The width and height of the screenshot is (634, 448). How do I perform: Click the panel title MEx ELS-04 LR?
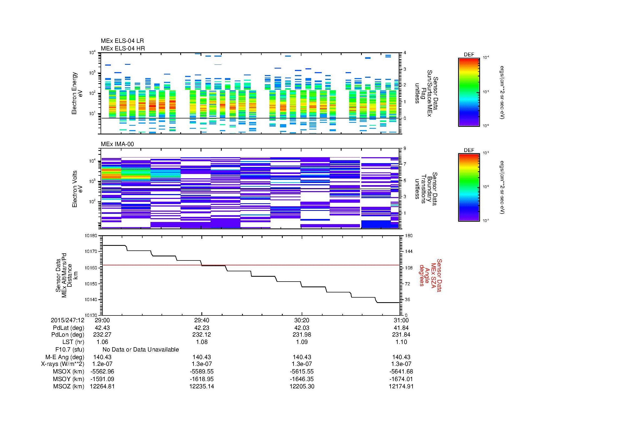pyautogui.click(x=122, y=41)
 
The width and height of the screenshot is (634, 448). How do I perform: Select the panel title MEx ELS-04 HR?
pyautogui.click(x=123, y=48)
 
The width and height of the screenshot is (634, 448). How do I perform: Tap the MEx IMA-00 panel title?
pyautogui.click(x=117, y=144)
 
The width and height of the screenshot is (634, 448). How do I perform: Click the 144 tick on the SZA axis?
pyautogui.click(x=408, y=252)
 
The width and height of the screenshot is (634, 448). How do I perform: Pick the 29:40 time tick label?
pyautogui.click(x=202, y=320)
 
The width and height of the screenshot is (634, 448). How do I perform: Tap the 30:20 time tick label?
pyautogui.click(x=301, y=320)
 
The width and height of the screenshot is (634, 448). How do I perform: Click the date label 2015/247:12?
pyautogui.click(x=67, y=320)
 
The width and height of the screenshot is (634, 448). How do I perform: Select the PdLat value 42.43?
pyautogui.click(x=102, y=328)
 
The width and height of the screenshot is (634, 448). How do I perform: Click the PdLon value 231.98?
pyautogui.click(x=301, y=334)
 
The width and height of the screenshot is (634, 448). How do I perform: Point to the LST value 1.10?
pyautogui.click(x=401, y=342)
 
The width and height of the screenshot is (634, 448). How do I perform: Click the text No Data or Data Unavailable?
pyautogui.click(x=141, y=349)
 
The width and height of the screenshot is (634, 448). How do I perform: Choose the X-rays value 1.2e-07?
pyautogui.click(x=102, y=364)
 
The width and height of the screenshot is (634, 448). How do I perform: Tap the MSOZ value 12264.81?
pyautogui.click(x=102, y=386)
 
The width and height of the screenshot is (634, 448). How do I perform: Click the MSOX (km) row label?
pyautogui.click(x=69, y=372)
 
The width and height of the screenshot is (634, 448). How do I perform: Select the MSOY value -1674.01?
pyautogui.click(x=401, y=379)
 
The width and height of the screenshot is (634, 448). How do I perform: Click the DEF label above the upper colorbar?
pyautogui.click(x=469, y=55)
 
